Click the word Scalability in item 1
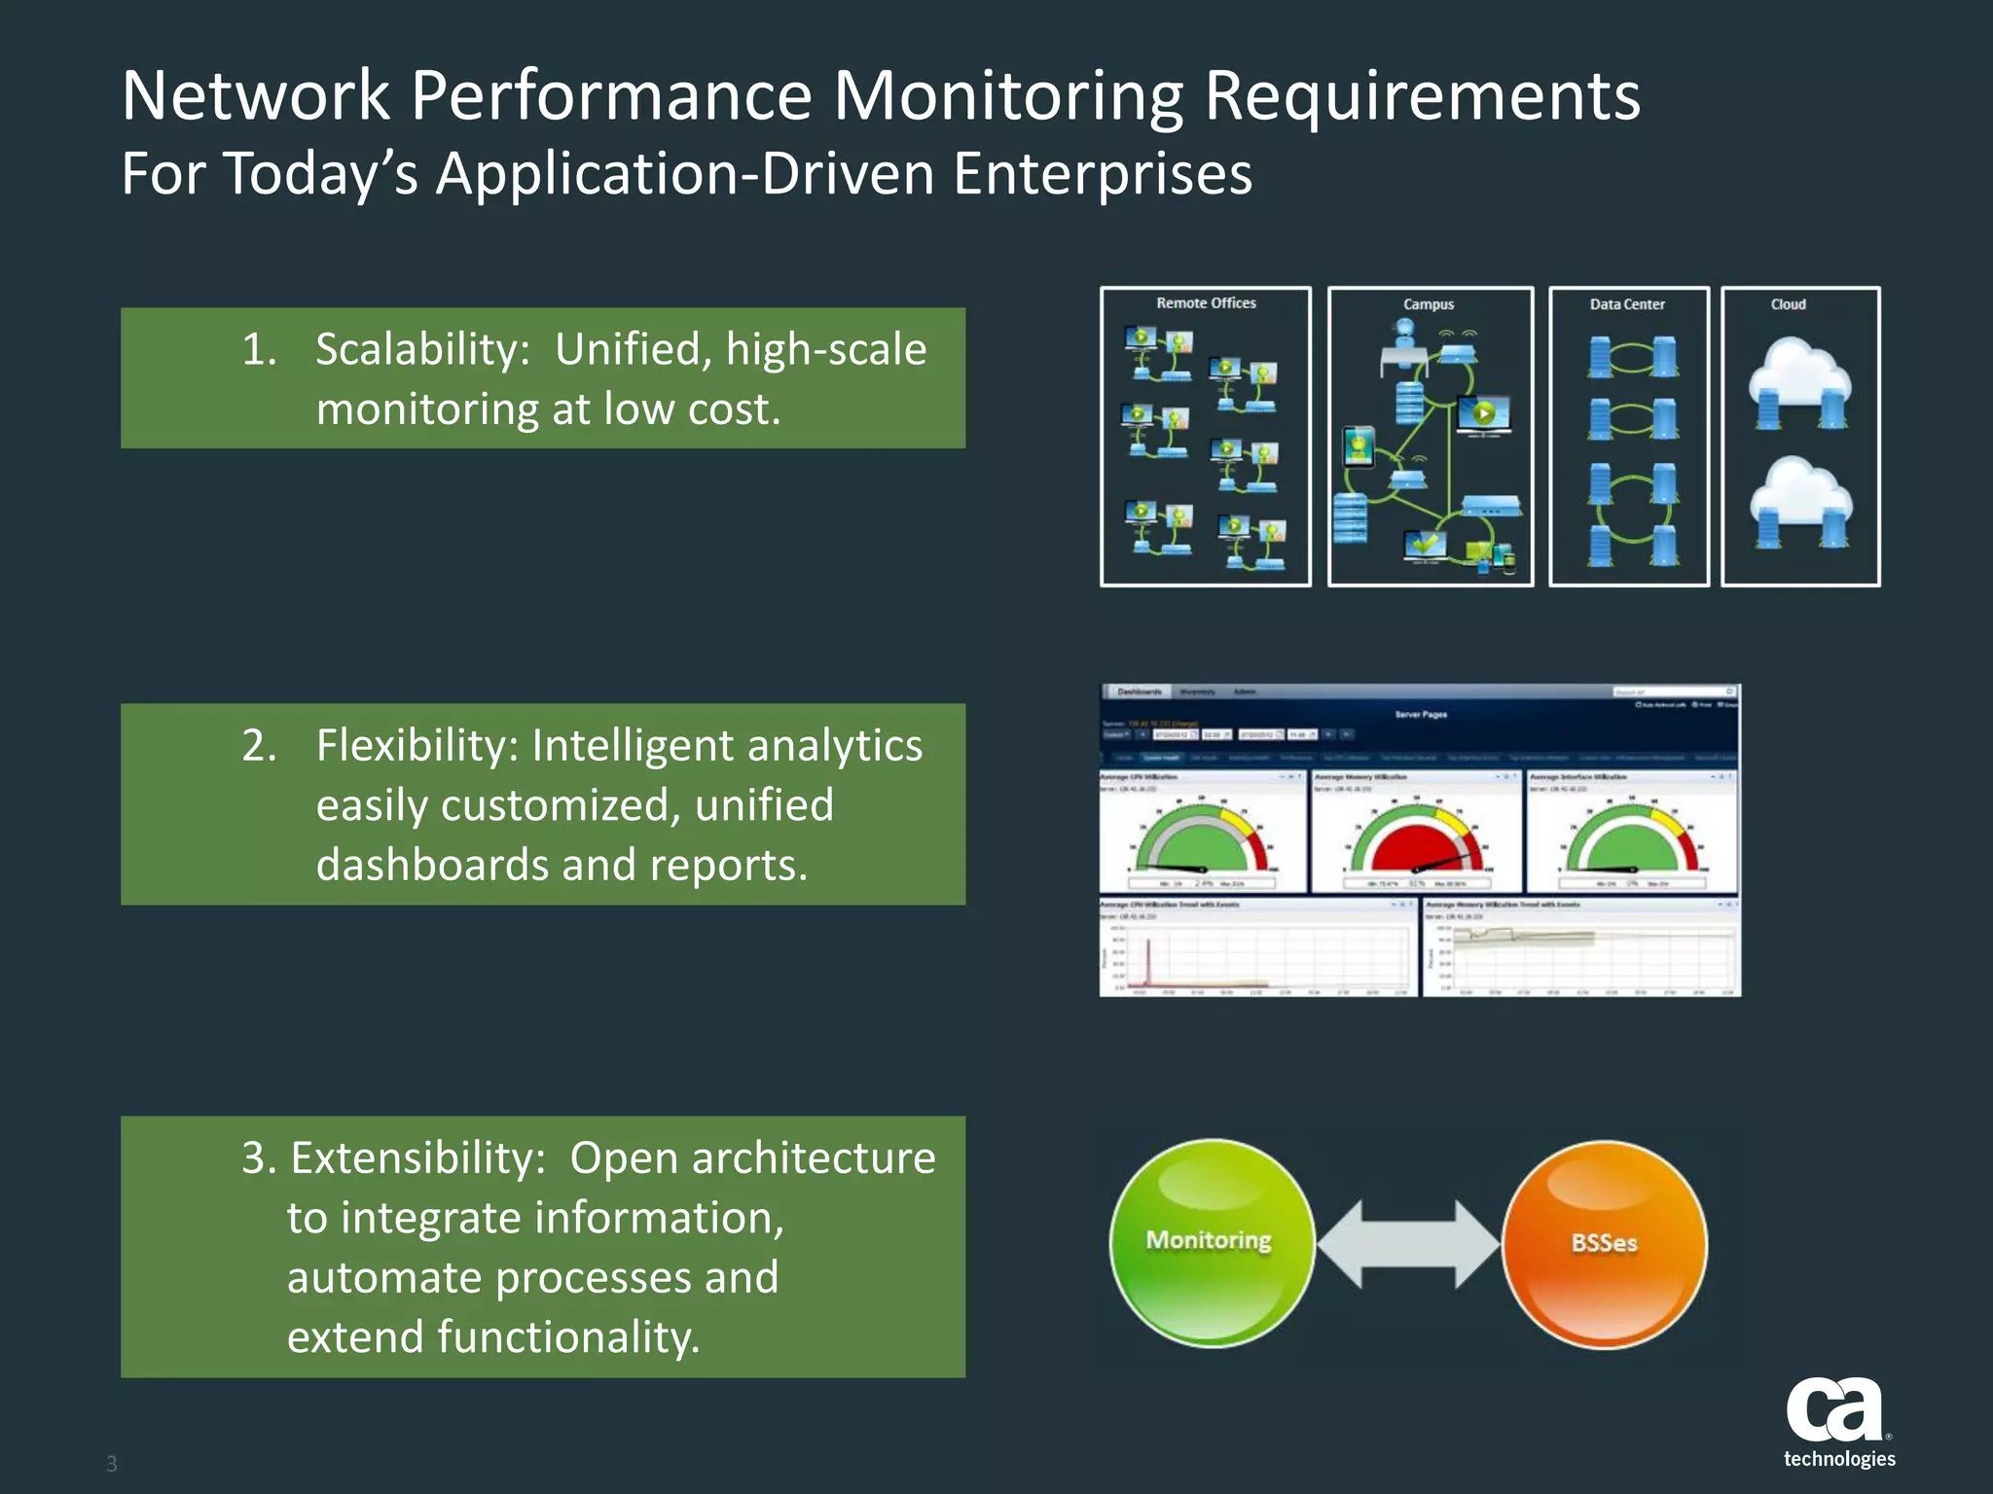pos(421,350)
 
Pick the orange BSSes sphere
pos(1604,1243)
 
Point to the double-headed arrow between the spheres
pos(1408,1243)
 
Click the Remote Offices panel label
pos(1206,303)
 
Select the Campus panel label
pos(1428,304)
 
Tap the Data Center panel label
pos(1626,304)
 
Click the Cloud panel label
pos(1788,304)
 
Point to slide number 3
pos(112,1464)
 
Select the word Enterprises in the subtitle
pos(1102,174)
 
